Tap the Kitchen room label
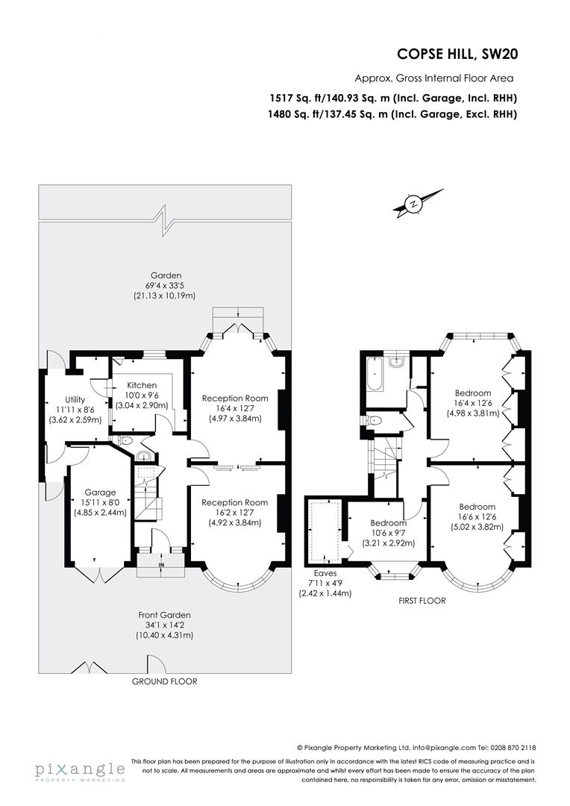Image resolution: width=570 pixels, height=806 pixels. tap(142, 385)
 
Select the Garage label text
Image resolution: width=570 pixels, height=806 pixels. tap(100, 493)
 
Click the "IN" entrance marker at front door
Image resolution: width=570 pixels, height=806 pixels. tap(161, 565)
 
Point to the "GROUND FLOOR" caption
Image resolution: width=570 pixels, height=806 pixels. tap(164, 681)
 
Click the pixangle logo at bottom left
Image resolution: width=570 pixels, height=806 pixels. tap(79, 770)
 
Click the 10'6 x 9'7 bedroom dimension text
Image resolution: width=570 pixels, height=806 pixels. tap(378, 532)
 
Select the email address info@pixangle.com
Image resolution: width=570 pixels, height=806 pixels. tap(435, 747)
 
